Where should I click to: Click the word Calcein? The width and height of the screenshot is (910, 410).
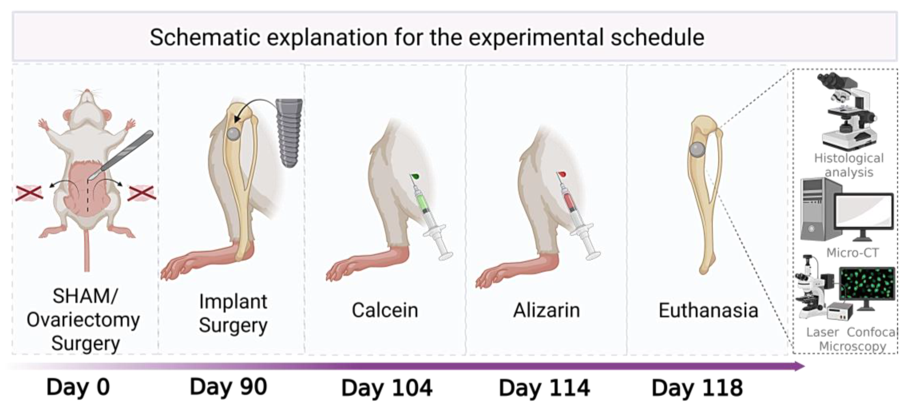[x=385, y=310]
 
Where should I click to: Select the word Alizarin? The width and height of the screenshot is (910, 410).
[x=547, y=310]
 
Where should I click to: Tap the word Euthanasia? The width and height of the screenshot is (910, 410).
[x=708, y=310]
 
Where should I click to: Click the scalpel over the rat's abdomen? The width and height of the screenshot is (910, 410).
[x=122, y=155]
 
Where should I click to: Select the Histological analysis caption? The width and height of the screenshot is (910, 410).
[x=849, y=165]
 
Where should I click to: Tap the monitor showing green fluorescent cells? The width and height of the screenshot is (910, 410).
[x=867, y=287]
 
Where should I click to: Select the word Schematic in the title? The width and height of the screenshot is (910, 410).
[x=205, y=38]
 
